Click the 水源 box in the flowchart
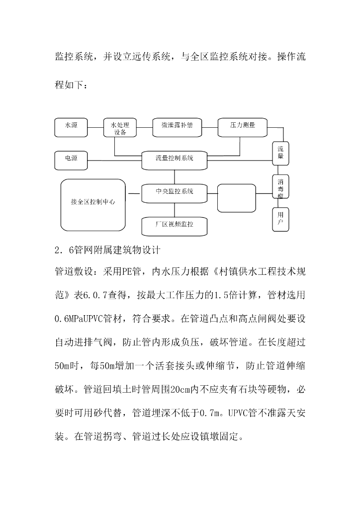tap(71, 127)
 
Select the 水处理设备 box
tap(120, 128)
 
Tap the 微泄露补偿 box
tap(170, 127)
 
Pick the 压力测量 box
tap(243, 127)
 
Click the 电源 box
tap(71, 159)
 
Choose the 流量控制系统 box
tap(174, 159)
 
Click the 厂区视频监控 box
tap(174, 225)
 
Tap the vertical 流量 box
tap(280, 153)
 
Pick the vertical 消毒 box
tap(280, 186)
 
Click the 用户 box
tap(280, 219)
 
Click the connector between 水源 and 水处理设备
tap(95, 127)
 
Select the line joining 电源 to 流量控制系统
tap(114, 159)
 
